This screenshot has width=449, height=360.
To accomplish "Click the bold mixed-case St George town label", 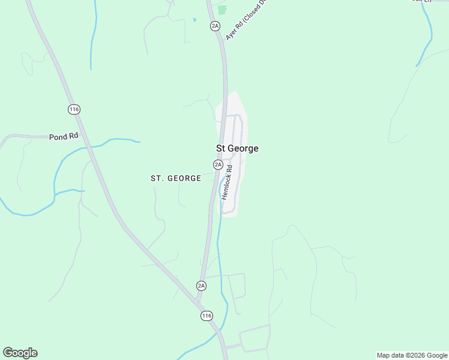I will coord(237,148).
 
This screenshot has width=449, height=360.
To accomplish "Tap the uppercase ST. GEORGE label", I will coord(175,178).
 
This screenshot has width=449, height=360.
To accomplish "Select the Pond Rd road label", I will coord(64,136).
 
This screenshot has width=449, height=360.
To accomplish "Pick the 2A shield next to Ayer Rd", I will coord(215,25).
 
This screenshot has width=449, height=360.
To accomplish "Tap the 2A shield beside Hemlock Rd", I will coord(218,164).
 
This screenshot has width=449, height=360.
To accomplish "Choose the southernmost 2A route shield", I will coord(201,285).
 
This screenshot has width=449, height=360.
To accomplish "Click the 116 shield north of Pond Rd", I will coord(74,109).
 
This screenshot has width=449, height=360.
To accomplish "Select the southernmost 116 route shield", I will coord(206,316).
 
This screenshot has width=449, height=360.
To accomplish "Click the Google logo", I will coord(20,353).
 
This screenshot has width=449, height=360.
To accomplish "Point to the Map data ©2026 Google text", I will coord(412,355).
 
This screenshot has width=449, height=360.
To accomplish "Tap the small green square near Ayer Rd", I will coord(223,10).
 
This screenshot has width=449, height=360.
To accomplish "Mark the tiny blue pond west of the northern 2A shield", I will coord(194,20).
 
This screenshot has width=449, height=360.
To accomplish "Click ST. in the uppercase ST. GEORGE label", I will coord(157,178).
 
